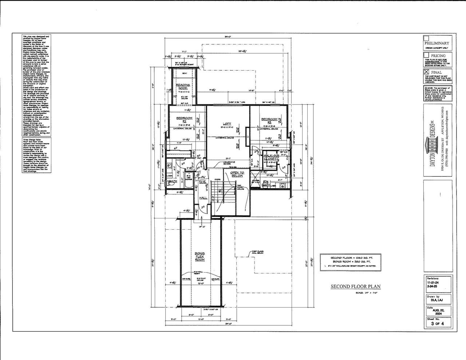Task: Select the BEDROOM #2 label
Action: point(184,120)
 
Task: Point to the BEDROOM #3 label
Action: point(269,120)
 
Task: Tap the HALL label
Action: point(203,198)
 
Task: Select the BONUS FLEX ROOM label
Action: point(200,256)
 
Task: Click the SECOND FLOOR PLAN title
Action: point(355,286)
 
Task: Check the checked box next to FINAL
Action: point(426,72)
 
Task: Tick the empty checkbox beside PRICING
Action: point(426,55)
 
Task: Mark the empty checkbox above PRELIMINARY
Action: point(426,38)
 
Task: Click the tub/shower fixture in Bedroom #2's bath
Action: point(189,182)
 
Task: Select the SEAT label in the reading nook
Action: point(184,73)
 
